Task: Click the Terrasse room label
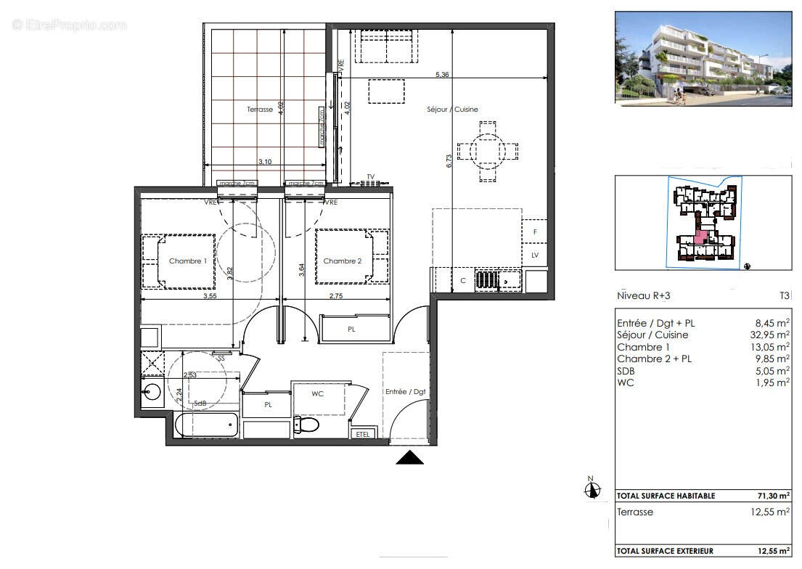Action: [259, 110]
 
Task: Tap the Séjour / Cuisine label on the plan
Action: [451, 110]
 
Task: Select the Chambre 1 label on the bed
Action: [188, 261]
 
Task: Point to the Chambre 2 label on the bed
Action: [342, 261]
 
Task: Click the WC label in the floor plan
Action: [317, 394]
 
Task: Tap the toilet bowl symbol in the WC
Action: [307, 424]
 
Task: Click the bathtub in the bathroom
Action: [206, 425]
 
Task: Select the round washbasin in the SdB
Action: [152, 392]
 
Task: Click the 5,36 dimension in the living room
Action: [443, 74]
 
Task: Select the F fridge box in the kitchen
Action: [535, 232]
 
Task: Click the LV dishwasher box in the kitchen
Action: [535, 255]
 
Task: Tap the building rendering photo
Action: [703, 58]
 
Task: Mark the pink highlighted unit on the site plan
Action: [700, 237]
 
